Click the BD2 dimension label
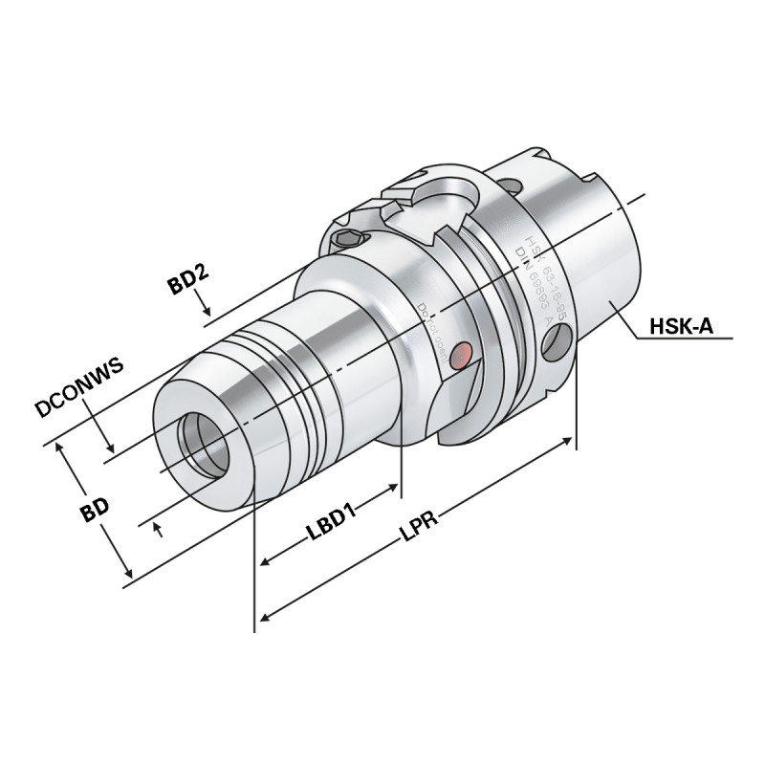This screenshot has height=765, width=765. pyautogui.click(x=188, y=284)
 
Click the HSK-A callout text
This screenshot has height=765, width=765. pyautogui.click(x=682, y=326)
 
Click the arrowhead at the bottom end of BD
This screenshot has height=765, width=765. pyautogui.click(x=127, y=575)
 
